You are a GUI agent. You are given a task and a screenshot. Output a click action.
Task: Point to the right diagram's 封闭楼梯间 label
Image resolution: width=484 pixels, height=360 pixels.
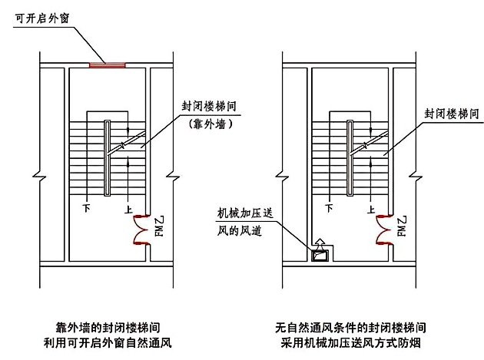(453, 114)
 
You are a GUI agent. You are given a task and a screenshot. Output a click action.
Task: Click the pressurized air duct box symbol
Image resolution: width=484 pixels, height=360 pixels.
(320, 253)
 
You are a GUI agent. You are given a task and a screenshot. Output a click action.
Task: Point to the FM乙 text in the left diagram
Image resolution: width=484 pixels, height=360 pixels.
(160, 226)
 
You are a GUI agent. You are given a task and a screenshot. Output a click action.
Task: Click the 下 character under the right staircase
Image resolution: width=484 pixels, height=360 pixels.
(330, 207)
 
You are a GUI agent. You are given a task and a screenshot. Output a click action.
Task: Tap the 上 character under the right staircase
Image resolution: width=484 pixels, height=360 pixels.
(370, 207)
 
